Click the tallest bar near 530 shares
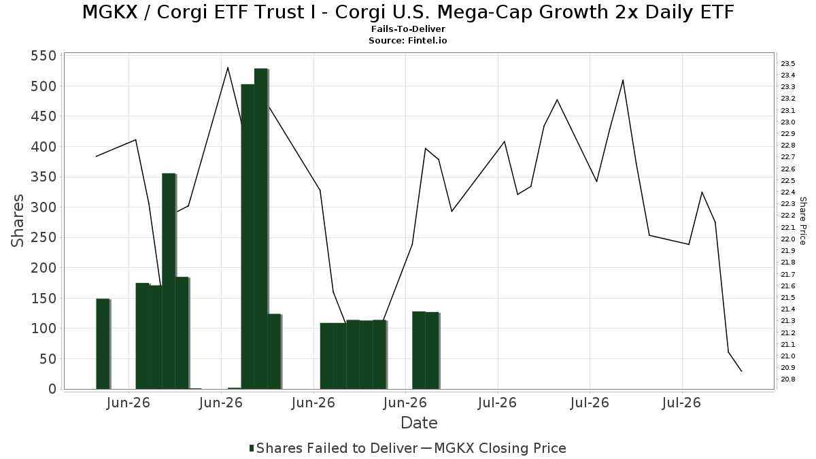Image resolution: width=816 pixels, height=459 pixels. (x=261, y=228)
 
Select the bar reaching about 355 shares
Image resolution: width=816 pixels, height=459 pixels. (x=169, y=282)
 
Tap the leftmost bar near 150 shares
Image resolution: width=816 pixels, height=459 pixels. (x=103, y=344)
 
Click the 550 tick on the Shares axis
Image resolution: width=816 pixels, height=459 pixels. (x=44, y=56)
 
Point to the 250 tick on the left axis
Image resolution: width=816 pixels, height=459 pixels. (x=44, y=237)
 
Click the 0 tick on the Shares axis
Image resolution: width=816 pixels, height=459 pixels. (x=53, y=389)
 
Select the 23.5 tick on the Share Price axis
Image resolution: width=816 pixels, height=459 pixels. (x=788, y=64)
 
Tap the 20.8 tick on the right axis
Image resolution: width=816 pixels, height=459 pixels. (x=788, y=379)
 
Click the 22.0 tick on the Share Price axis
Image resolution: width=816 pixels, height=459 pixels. (x=788, y=239)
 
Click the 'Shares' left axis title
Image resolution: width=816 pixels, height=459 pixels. (x=17, y=221)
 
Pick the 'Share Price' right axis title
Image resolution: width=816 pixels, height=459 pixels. (x=802, y=221)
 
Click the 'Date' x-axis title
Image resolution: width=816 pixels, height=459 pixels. (x=419, y=423)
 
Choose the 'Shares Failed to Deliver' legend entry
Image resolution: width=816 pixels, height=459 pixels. (x=333, y=448)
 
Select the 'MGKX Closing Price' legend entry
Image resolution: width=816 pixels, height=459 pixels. (x=494, y=448)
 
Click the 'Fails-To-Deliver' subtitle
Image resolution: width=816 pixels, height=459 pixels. (x=408, y=29)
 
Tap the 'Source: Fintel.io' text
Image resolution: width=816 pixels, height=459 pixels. (x=407, y=40)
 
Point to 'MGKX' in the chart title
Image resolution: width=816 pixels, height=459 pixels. (x=110, y=12)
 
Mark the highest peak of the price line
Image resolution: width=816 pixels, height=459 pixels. (x=228, y=67)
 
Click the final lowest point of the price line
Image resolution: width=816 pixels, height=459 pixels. (x=741, y=371)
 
